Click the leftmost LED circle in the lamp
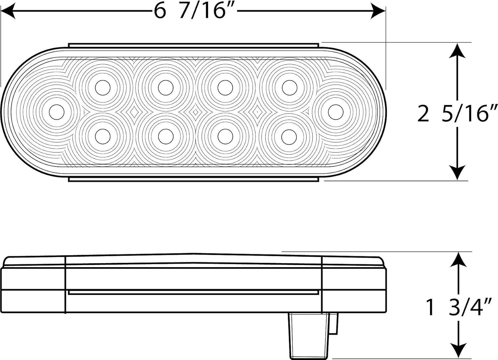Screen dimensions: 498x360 [56, 112]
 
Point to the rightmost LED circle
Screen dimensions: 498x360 [336, 112]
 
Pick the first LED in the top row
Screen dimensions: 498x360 [103, 88]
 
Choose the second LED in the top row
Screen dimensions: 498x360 [166, 88]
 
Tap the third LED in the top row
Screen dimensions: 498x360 [225, 88]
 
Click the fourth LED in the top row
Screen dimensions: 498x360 [290, 88]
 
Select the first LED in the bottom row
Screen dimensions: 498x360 [103, 136]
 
